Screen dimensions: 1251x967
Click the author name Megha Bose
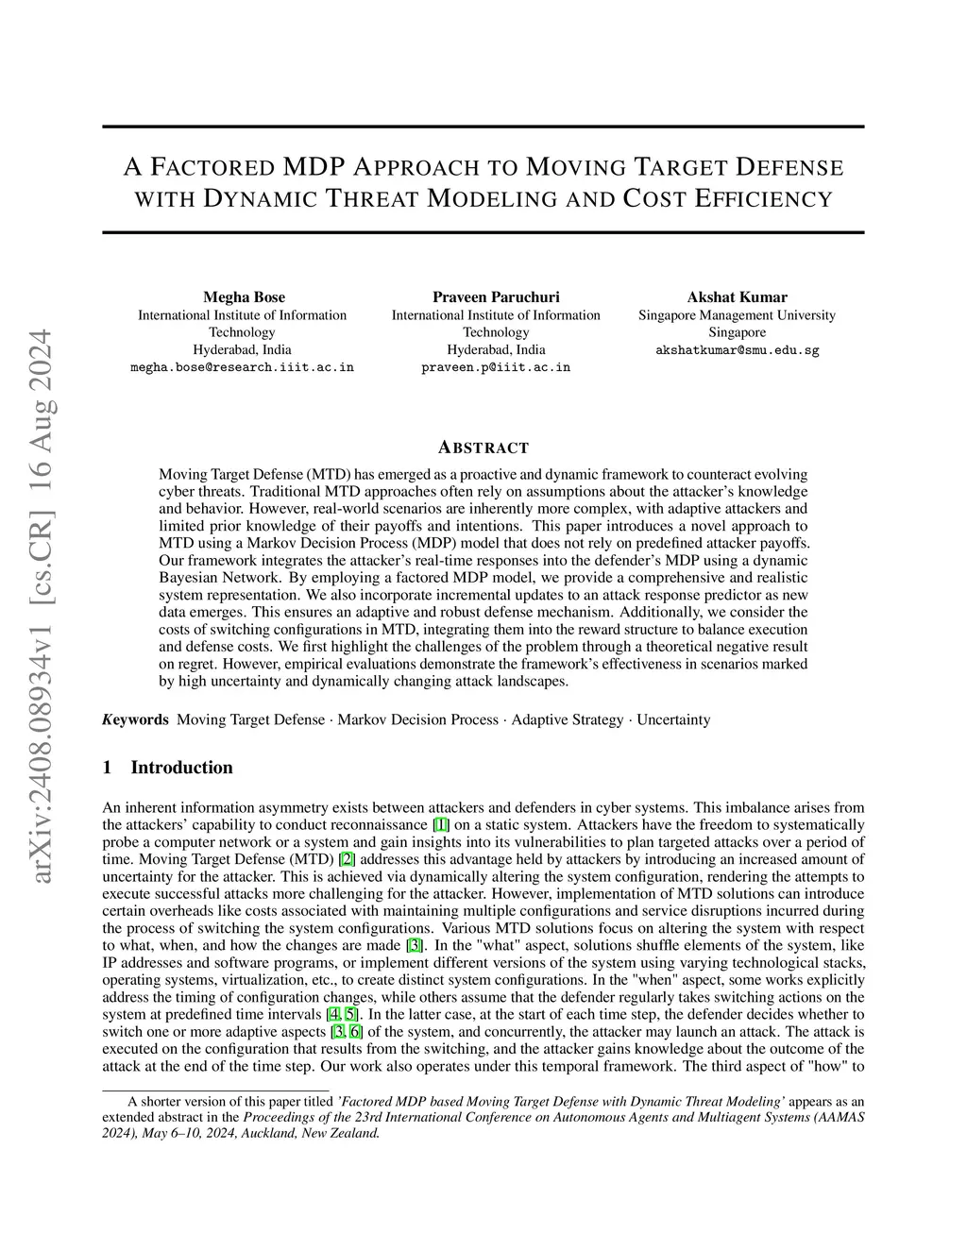tap(244, 296)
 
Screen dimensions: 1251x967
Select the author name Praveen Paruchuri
tap(496, 296)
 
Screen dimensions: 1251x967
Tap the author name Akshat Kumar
tap(737, 296)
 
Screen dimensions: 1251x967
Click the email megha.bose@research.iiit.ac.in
tap(242, 366)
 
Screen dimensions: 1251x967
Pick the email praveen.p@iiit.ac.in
tap(496, 366)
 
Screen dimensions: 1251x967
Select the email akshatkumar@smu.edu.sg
tap(737, 349)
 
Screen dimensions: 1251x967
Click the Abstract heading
tap(483, 448)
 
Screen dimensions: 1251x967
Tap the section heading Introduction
tap(181, 768)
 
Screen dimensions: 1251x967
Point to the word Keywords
tap(135, 719)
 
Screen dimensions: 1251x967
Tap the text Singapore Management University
tap(737, 315)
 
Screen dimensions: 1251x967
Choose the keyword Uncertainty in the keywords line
tap(673, 719)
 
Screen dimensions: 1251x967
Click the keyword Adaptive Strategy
tap(568, 719)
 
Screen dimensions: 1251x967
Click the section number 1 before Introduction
tap(107, 768)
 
